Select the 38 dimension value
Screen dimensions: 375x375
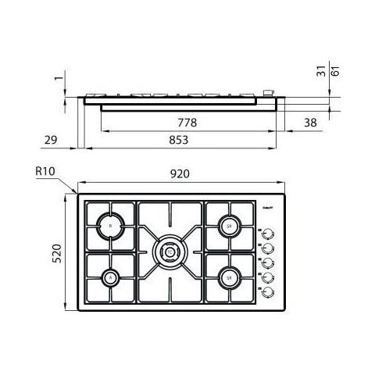point(310,123)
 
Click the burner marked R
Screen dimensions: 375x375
point(111,226)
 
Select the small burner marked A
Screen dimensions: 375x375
point(111,277)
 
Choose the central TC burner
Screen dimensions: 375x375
point(170,251)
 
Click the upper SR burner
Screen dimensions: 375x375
point(229,227)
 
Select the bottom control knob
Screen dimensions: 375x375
point(268,291)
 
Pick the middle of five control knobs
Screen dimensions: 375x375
point(268,263)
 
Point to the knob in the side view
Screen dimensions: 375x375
point(272,92)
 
